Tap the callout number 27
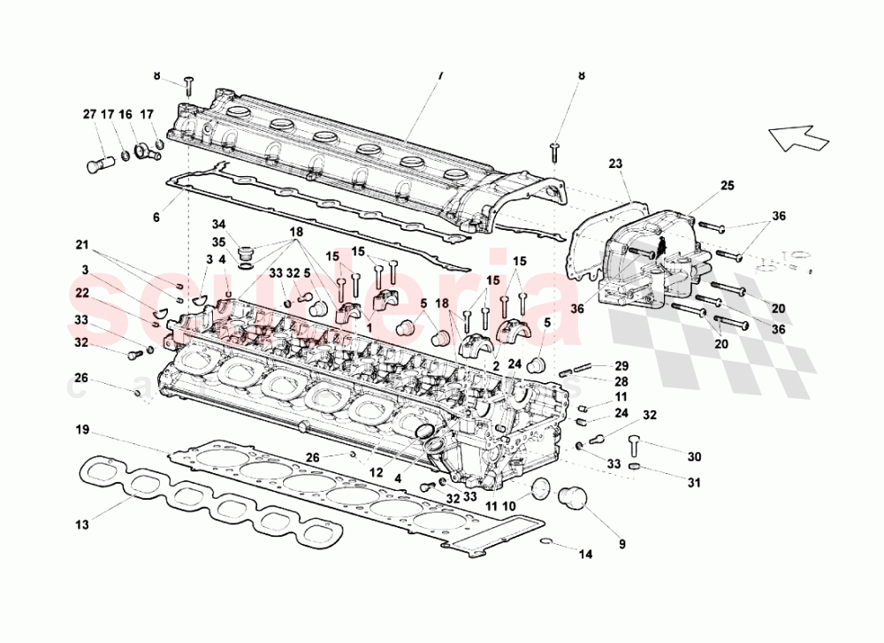[88, 114]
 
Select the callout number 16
[126, 114]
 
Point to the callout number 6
[156, 217]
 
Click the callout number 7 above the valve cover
[438, 77]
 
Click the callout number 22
[81, 292]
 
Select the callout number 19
[81, 431]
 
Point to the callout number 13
[81, 525]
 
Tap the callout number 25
[727, 186]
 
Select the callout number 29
[621, 365]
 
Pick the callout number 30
[694, 456]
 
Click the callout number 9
[621, 543]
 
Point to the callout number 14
[584, 555]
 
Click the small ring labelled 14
[547, 541]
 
